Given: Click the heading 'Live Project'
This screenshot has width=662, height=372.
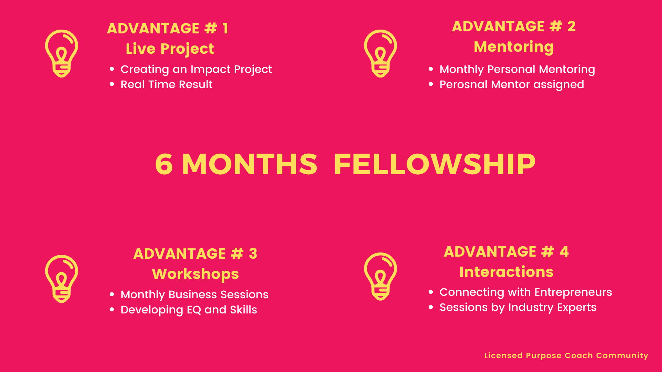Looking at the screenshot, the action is [x=170, y=49].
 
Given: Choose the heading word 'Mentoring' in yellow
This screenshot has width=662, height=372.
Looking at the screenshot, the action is [x=514, y=47].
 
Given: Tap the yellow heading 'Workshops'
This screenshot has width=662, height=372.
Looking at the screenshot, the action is [x=195, y=274].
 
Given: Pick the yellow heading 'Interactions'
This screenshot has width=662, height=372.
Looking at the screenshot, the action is [x=506, y=272].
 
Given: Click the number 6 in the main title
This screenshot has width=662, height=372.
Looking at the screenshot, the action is [x=164, y=164].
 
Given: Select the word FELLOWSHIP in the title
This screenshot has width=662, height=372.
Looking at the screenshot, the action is [x=434, y=164].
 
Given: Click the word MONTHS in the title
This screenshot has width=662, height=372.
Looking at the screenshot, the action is [x=249, y=164].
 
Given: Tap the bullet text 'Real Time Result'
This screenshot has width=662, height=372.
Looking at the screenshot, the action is [x=167, y=84].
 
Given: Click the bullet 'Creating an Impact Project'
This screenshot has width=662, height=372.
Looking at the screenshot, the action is [x=196, y=70].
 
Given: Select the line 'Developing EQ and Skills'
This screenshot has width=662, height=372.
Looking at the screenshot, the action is [x=189, y=310].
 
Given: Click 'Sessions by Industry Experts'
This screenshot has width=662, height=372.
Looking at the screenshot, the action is [x=518, y=308].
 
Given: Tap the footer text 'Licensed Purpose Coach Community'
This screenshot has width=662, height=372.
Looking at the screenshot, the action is [x=566, y=356].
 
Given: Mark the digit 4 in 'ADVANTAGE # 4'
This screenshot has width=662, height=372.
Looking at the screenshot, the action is [x=564, y=252].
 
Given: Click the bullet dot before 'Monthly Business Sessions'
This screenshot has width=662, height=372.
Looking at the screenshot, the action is [x=112, y=294].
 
